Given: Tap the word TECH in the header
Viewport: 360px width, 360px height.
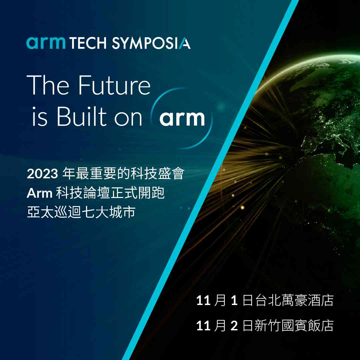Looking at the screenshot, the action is (88, 43).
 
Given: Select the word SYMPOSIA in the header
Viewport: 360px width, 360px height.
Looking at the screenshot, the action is (151, 43).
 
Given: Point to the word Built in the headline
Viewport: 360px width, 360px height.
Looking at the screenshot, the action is (82, 116).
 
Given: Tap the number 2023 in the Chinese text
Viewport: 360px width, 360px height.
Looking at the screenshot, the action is (42, 174).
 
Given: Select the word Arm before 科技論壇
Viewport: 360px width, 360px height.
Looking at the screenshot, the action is (40, 193).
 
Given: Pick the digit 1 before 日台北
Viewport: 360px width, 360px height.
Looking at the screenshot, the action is (234, 300).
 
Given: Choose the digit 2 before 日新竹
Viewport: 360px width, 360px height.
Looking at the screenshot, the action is (234, 326).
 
